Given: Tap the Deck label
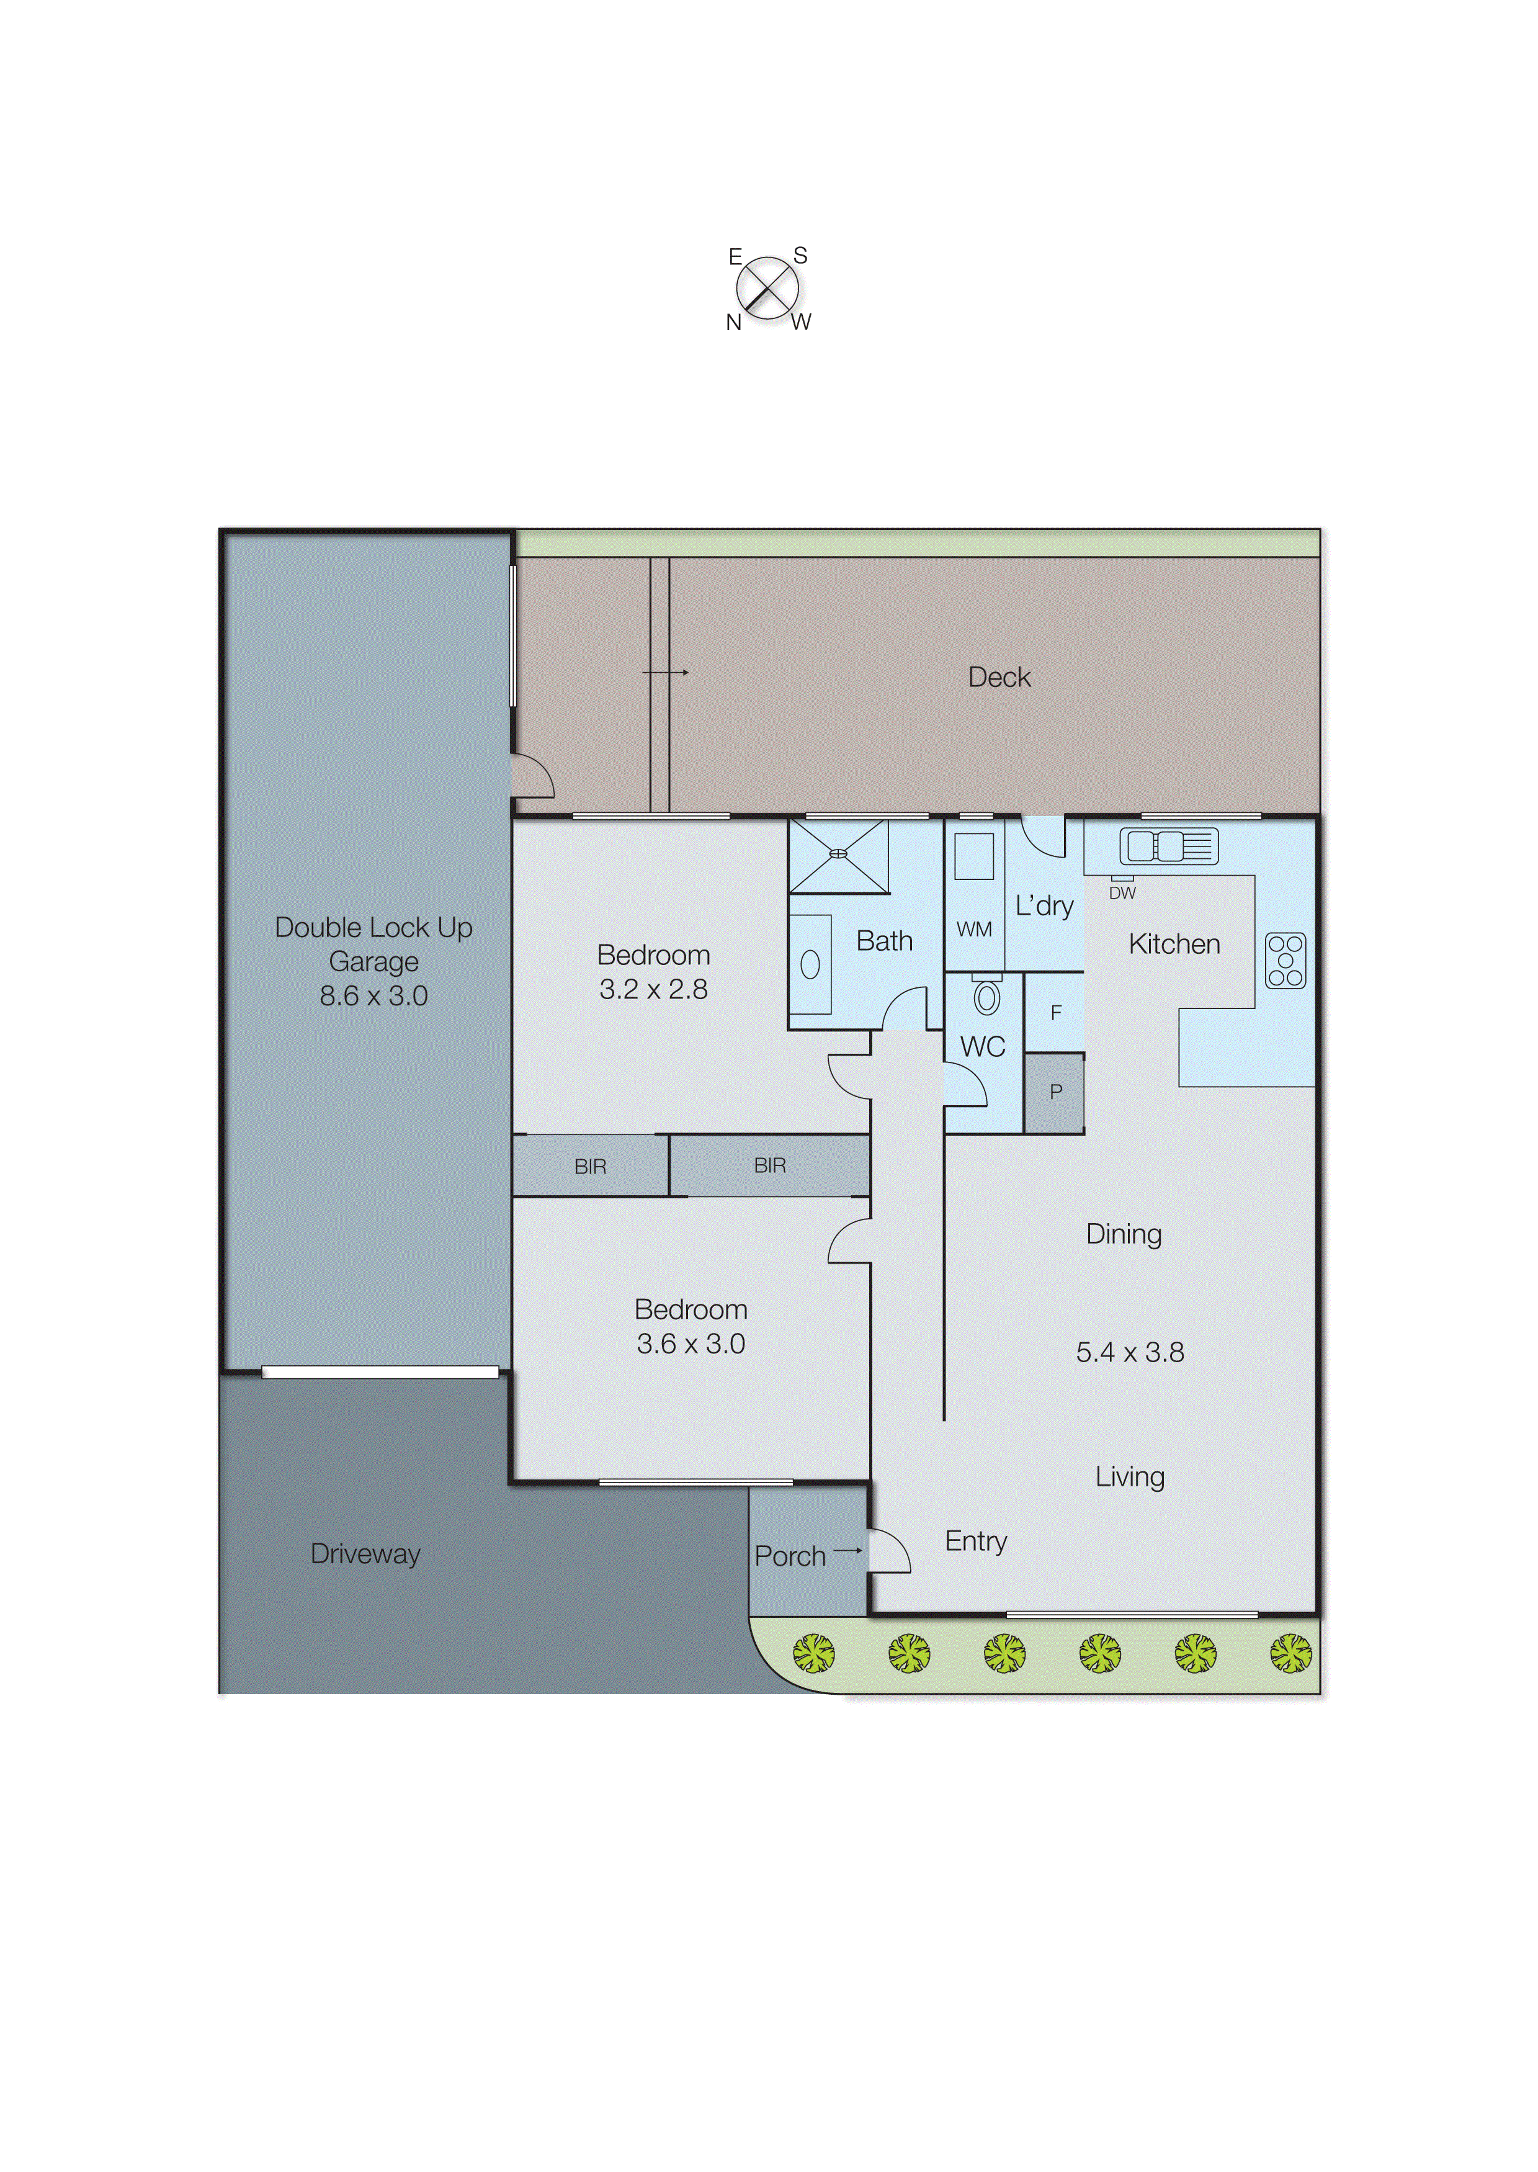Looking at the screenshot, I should pyautogui.click(x=998, y=677).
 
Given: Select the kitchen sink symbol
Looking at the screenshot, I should pyautogui.click(x=1168, y=846).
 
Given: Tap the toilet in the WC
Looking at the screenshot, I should pyautogui.click(x=987, y=997).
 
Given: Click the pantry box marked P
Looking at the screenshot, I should pyautogui.click(x=1055, y=1092).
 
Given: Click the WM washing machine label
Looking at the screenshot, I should pyautogui.click(x=973, y=929).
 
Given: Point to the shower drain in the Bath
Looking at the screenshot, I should pyautogui.click(x=838, y=853).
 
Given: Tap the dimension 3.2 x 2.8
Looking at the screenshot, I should pyautogui.click(x=653, y=990).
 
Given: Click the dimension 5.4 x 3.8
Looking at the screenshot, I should pyautogui.click(x=1129, y=1352).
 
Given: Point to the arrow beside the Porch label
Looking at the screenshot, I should pyautogui.click(x=847, y=1551).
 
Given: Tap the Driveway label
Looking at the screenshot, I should pyautogui.click(x=365, y=1553).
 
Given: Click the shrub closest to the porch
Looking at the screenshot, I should pyautogui.click(x=813, y=1653).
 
